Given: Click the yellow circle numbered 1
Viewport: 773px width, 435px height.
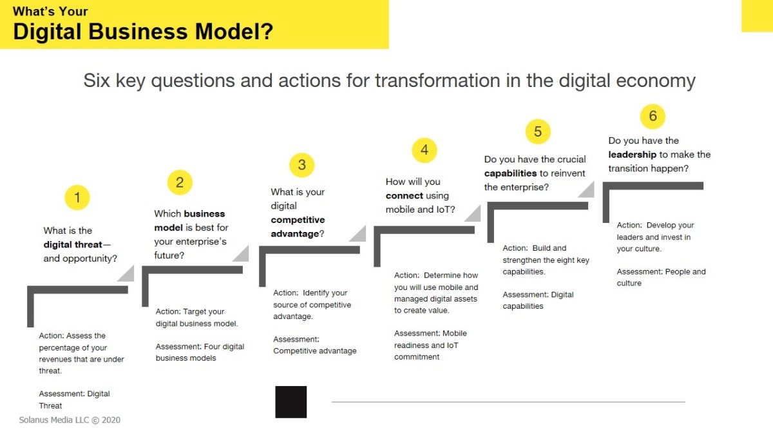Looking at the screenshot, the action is click(x=77, y=197).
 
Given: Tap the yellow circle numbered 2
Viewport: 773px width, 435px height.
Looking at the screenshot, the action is click(x=180, y=182).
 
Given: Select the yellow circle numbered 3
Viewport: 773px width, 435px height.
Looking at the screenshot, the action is click(x=302, y=165).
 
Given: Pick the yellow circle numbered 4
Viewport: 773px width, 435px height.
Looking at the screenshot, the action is click(x=425, y=150).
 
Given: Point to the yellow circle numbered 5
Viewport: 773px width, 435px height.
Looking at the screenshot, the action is click(x=538, y=131).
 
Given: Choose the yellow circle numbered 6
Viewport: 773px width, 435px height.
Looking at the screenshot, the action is click(x=653, y=116).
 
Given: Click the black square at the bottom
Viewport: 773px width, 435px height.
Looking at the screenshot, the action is click(x=291, y=402).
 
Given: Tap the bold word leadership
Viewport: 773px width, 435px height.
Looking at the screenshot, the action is click(x=632, y=155).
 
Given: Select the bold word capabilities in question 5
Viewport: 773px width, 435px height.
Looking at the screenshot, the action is click(x=510, y=173).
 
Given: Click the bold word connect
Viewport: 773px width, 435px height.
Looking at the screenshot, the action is click(x=404, y=196).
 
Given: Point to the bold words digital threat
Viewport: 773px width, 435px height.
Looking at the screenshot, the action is click(x=73, y=244).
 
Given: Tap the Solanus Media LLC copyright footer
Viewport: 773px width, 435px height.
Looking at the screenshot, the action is click(x=70, y=420).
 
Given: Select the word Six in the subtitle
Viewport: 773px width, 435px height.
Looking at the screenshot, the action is click(x=97, y=81).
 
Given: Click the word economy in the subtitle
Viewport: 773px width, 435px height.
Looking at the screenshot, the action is click(x=656, y=81).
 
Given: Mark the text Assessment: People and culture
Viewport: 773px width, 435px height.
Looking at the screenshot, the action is click(x=661, y=277).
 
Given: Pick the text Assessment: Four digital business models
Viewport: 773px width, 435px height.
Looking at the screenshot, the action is click(x=200, y=352).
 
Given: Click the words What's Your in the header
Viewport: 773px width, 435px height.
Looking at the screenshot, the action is click(x=50, y=12).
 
